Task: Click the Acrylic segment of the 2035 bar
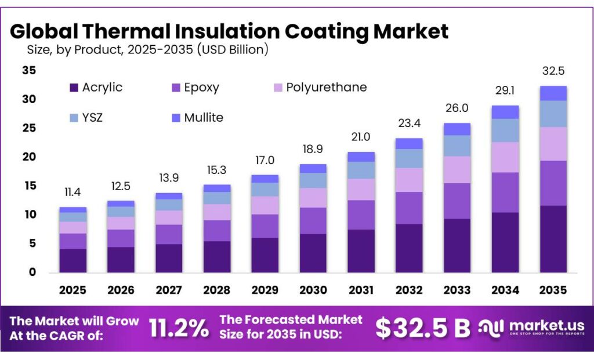[553, 239]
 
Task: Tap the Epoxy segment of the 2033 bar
[457, 201]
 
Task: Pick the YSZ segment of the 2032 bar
[408, 158]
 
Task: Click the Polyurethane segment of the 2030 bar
[312, 198]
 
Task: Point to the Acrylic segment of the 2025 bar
[73, 260]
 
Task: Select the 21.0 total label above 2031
[360, 137]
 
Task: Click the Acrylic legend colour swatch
[73, 88]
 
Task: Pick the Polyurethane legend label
[327, 88]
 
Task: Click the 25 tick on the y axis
[28, 128]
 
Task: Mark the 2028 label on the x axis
[216, 290]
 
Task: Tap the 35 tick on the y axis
[28, 71]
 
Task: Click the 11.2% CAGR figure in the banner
[179, 329]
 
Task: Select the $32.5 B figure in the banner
[422, 328]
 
